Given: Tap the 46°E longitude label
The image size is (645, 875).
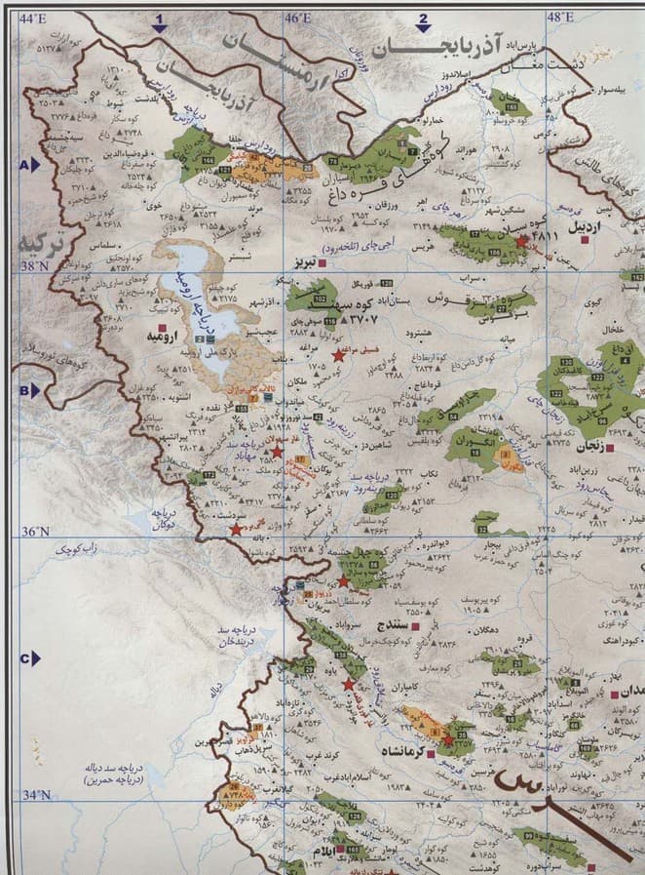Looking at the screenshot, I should [297, 19].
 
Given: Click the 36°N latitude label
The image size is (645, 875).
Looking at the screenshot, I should [36, 531].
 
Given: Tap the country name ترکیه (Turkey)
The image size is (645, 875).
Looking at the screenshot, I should [39, 245].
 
